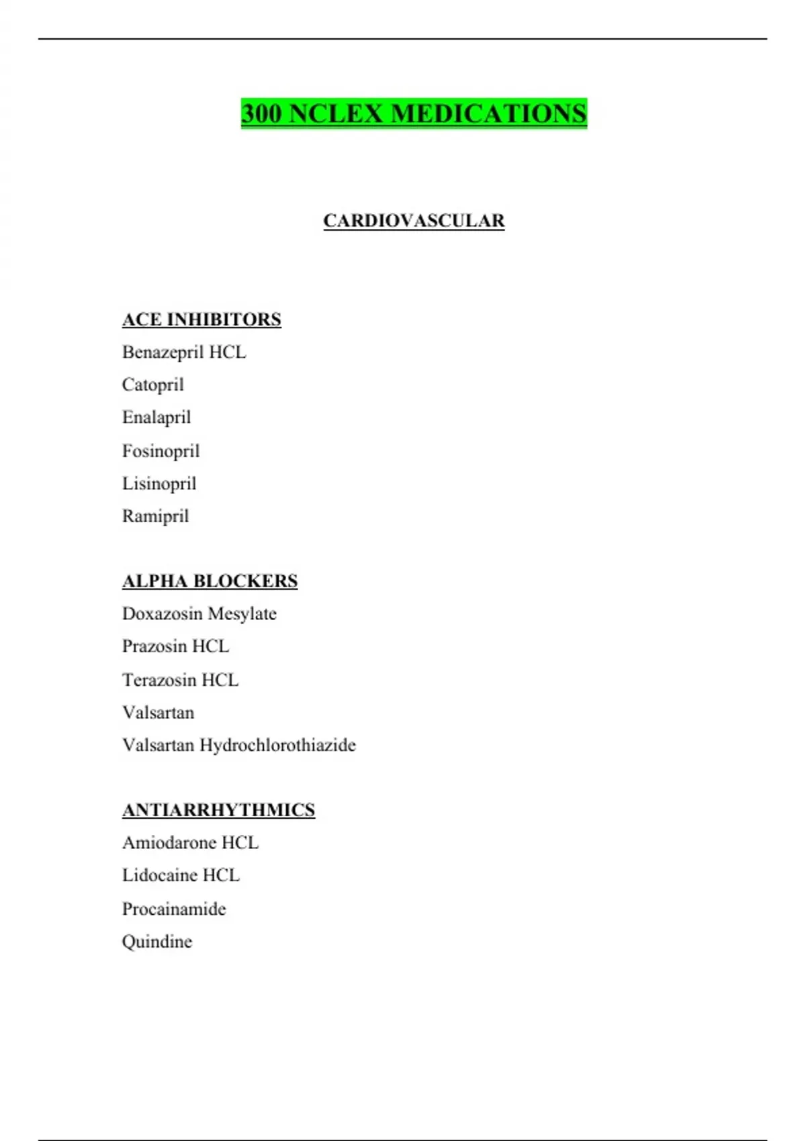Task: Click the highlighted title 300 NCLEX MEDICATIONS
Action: click(x=414, y=113)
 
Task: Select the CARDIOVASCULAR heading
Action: click(x=414, y=221)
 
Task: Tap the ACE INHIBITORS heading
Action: click(x=201, y=319)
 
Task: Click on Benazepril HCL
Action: click(x=184, y=352)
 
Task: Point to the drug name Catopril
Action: click(x=152, y=385)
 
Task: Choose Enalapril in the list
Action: click(x=156, y=417)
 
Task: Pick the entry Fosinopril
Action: click(x=161, y=451)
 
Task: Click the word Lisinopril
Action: click(x=159, y=484)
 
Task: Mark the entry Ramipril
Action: click(x=155, y=516)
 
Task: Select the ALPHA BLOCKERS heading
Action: click(x=210, y=581)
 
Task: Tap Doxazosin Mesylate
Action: click(x=199, y=614)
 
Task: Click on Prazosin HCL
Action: click(x=175, y=646)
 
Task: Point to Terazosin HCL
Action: click(x=180, y=680)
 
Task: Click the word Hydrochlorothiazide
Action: click(x=277, y=746)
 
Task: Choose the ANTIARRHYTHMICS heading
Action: click(x=218, y=810)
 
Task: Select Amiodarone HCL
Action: click(x=190, y=843)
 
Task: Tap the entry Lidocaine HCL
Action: click(x=181, y=875)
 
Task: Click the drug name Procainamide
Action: click(x=174, y=909)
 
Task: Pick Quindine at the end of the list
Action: click(x=157, y=942)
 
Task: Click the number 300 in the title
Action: click(x=261, y=113)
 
